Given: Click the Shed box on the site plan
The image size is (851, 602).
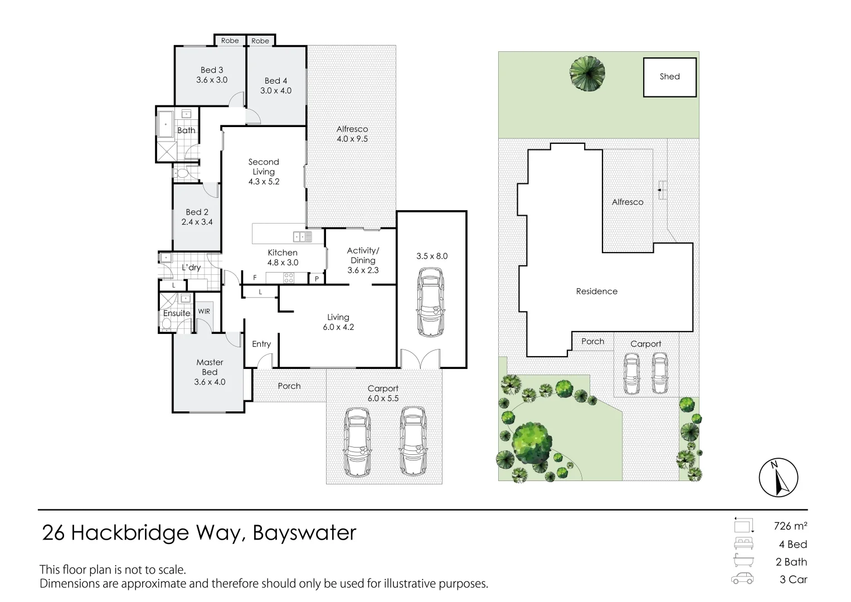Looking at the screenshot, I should pos(670,77).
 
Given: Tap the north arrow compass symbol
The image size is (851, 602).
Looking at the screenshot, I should pos(779,478).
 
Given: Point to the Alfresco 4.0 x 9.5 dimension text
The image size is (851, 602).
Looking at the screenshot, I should pos(352,139).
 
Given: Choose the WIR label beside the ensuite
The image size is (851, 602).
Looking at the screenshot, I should pos(204,311).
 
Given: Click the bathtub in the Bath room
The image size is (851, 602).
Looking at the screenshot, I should pos(166,124).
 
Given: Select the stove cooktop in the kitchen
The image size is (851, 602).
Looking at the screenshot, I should pos(289,277).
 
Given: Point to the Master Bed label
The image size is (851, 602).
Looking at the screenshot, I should pos(210,367).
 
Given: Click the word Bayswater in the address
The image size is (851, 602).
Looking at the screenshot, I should pos(304,533).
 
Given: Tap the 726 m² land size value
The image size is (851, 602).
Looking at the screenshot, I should pos(790,526).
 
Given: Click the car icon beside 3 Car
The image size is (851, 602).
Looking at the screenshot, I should pos(742,579).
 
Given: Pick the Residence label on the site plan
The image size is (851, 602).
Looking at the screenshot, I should pos(596,291).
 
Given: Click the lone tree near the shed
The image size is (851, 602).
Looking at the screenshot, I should pos(587,73).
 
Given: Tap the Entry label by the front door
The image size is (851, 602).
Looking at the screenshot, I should pos(261,344).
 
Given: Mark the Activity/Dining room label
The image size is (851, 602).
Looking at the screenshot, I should pos(363,255).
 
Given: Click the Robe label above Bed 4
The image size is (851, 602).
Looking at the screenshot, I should pos(260,41).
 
